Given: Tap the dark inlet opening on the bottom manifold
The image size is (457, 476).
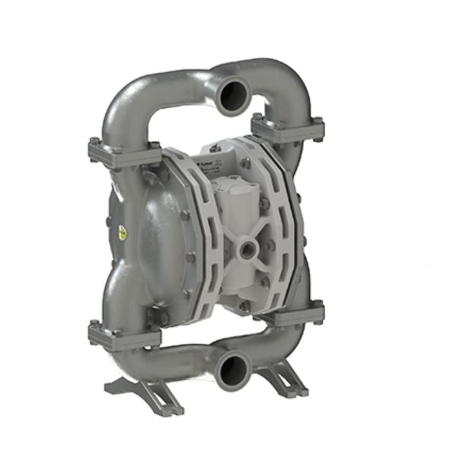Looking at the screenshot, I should tap(232, 371).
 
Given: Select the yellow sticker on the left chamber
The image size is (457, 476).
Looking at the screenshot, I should tap(123, 232).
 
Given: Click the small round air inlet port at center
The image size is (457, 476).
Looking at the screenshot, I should tap(247, 248).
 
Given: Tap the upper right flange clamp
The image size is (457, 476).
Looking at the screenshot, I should tap(288, 129).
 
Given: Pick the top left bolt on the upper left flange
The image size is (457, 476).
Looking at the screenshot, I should tap(94, 141).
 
